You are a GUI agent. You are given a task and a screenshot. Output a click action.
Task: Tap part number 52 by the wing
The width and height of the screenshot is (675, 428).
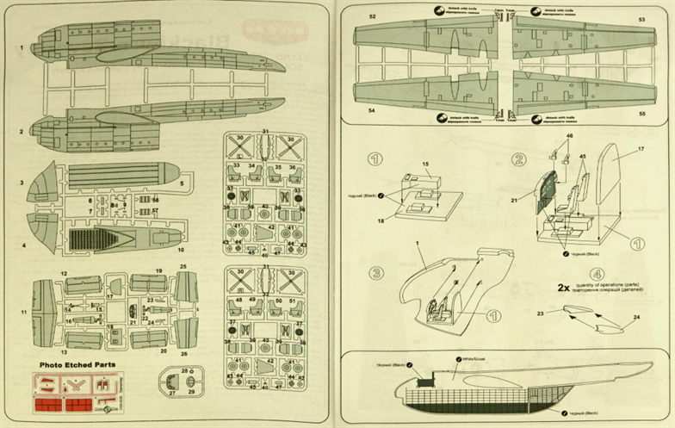(373, 16)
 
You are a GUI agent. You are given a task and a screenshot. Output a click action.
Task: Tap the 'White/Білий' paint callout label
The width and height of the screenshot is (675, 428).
(472, 357)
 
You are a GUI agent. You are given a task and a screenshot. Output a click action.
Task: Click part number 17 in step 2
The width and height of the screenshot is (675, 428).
(641, 149)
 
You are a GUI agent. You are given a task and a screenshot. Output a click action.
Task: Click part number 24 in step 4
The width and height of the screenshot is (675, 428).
(638, 317)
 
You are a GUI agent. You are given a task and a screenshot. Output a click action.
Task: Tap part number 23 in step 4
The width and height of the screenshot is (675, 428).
(540, 314)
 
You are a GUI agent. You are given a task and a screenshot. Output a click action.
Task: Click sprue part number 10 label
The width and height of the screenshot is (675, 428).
(180, 249)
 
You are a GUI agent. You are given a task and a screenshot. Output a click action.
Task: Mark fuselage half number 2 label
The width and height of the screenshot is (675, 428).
(22, 132)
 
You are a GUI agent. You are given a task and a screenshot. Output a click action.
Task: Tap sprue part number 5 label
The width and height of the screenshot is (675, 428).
(183, 183)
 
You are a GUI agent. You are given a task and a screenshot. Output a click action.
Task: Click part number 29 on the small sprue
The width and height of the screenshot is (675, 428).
(191, 392)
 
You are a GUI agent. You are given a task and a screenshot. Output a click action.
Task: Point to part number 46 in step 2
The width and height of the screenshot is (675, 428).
(569, 136)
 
